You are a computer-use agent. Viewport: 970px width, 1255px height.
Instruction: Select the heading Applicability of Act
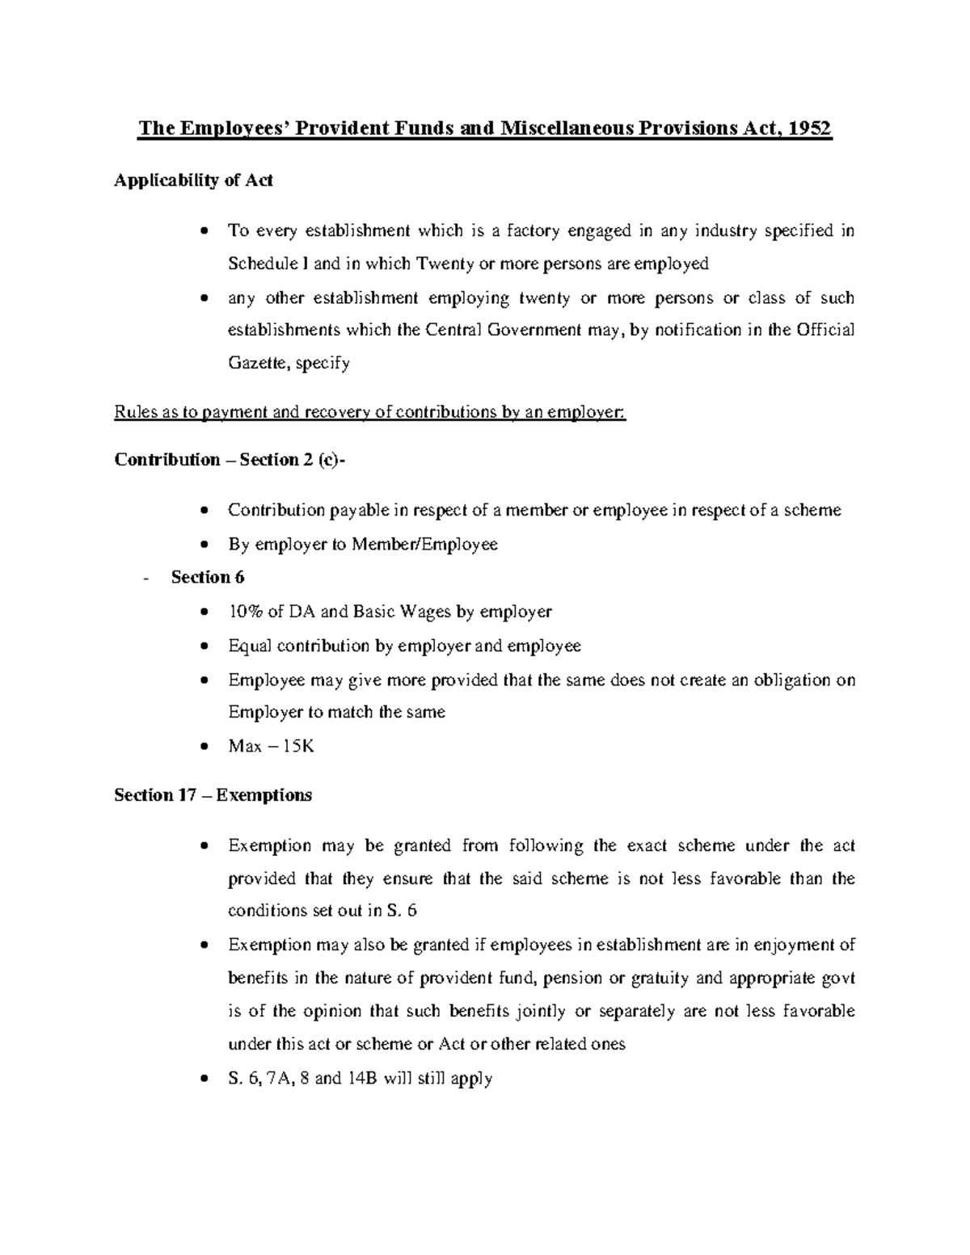pos(193,180)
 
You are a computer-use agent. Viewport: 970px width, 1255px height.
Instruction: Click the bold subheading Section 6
pos(208,577)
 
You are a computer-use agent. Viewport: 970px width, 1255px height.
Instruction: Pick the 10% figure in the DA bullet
pos(245,611)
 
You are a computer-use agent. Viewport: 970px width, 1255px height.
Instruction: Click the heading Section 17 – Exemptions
pos(213,795)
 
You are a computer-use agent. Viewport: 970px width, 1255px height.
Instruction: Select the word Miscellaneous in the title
pos(566,129)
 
